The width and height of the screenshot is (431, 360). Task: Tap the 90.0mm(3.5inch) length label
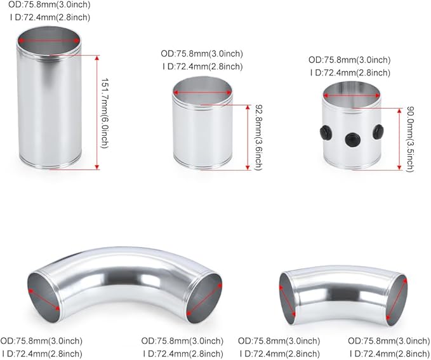tap(409, 138)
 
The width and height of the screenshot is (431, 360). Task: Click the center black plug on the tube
tap(351, 139)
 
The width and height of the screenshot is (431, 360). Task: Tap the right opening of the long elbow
tap(205, 294)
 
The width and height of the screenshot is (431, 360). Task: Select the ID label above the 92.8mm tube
tap(202, 65)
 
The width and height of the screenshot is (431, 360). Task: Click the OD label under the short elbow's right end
tap(389, 340)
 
